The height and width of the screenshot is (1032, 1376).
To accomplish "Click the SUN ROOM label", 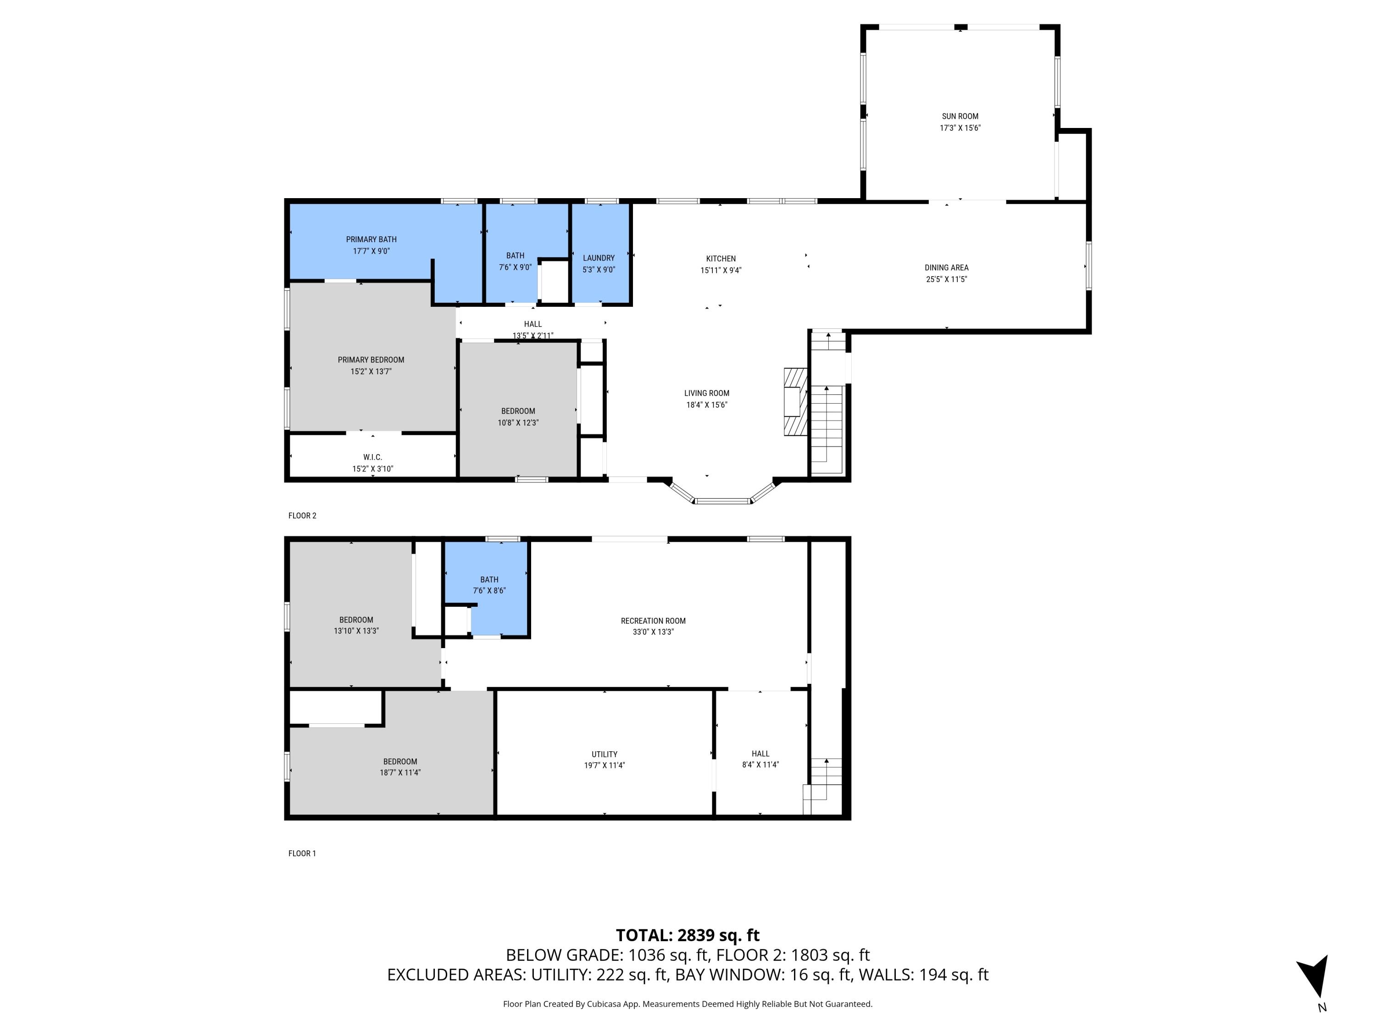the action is [960, 117].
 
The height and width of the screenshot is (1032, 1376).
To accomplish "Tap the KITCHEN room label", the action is [721, 259].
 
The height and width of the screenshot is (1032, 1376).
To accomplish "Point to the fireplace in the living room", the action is [795, 401].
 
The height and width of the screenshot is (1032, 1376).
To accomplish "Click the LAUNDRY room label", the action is [599, 258].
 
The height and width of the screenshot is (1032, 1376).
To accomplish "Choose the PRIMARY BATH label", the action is [372, 239].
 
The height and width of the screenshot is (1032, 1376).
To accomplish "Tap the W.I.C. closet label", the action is [372, 457].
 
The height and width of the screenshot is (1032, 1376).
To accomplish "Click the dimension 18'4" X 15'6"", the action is [707, 405].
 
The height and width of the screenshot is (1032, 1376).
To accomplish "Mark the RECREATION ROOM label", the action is [653, 621].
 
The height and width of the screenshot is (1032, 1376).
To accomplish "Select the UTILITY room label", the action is [605, 755].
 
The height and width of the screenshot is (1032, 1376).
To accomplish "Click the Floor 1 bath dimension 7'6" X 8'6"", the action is [489, 591].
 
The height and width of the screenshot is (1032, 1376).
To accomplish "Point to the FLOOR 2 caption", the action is [302, 516].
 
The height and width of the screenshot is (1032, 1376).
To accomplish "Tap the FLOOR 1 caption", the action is [302, 854].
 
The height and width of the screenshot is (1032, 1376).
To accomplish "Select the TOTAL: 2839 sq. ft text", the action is [688, 936].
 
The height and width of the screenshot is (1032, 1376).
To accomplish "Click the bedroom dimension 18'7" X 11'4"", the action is [400, 772].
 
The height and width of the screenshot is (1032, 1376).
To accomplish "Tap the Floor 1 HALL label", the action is [760, 754].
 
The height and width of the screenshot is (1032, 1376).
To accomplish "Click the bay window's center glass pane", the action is [722, 501].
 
